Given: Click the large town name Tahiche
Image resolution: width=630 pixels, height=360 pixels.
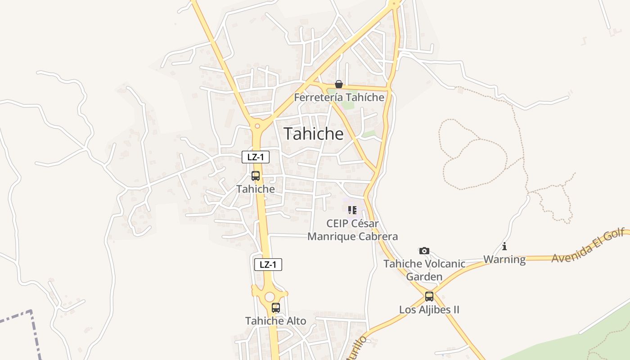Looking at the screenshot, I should pyautogui.click(x=314, y=134).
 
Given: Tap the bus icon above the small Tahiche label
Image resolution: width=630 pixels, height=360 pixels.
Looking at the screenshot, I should pyautogui.click(x=256, y=176).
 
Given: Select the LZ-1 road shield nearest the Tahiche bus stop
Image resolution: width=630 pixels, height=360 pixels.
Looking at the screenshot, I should pyautogui.click(x=256, y=157).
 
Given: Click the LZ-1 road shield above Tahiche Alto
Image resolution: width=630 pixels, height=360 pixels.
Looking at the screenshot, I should pyautogui.click(x=268, y=265).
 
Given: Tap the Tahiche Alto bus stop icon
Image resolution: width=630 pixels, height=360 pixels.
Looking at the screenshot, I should pyautogui.click(x=276, y=308).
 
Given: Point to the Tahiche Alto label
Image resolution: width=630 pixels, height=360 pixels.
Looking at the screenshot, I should pyautogui.click(x=275, y=321).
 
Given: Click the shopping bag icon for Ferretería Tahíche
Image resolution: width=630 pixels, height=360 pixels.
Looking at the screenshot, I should pyautogui.click(x=339, y=84).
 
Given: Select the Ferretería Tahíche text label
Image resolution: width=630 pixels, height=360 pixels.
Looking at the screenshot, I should pyautogui.click(x=339, y=97).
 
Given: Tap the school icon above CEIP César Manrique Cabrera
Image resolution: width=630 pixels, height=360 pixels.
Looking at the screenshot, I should pyautogui.click(x=352, y=210).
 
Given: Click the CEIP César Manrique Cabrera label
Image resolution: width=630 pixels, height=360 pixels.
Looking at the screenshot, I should pyautogui.click(x=352, y=230).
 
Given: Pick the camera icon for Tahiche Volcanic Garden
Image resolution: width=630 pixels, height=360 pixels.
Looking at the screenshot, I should pyautogui.click(x=424, y=251).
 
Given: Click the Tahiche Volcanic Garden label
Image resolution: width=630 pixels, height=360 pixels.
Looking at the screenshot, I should pyautogui.click(x=424, y=270).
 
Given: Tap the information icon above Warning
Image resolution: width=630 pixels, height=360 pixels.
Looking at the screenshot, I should pyautogui.click(x=504, y=246).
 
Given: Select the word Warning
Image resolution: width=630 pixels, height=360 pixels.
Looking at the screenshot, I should pyautogui.click(x=504, y=259).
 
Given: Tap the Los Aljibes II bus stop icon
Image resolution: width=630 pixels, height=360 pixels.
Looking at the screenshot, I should pyautogui.click(x=429, y=297).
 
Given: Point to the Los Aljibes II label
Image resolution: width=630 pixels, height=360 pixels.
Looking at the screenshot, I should pyautogui.click(x=429, y=310).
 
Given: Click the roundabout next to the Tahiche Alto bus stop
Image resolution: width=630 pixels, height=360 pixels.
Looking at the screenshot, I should pyautogui.click(x=270, y=297).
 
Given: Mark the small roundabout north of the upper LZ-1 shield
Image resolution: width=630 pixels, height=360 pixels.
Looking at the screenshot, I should pyautogui.click(x=257, y=126).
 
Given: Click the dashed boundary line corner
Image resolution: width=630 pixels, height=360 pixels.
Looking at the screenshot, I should pyautogui.click(x=31, y=311).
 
